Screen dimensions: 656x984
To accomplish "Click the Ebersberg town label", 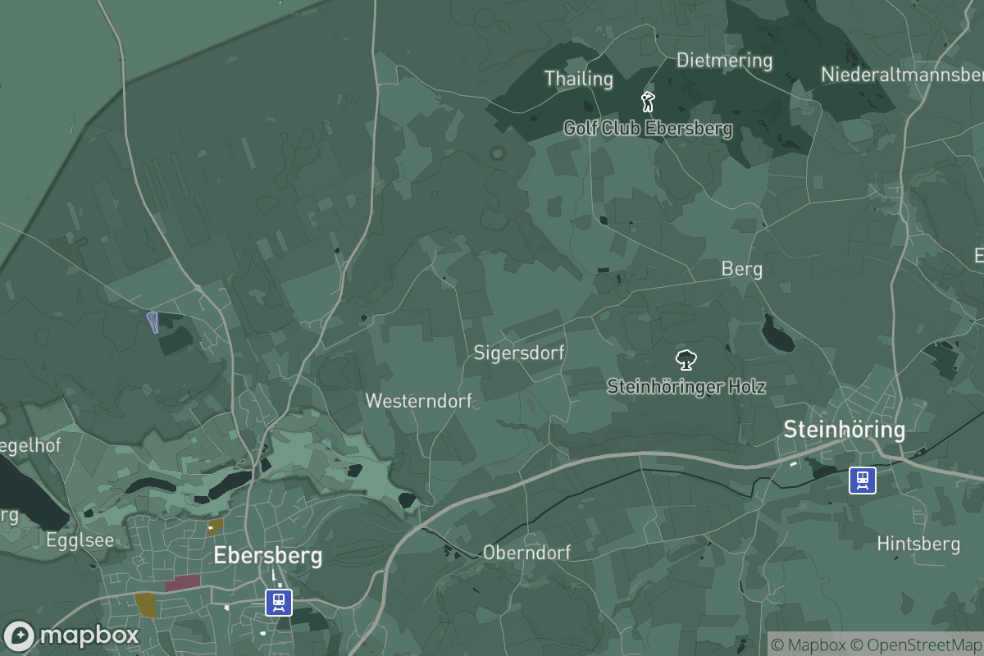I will (267, 555).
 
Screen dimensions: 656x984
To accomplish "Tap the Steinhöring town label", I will (844, 429).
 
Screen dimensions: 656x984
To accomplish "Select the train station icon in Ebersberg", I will (279, 603).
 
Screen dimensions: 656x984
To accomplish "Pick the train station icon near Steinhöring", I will (862, 481).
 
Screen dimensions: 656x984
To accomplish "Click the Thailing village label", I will (579, 79).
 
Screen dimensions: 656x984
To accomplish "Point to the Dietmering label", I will (724, 60).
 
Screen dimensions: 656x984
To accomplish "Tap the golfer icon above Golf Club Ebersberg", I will (648, 102).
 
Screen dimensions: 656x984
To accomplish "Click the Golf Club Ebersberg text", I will (648, 128).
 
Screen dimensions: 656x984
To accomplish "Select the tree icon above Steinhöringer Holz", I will (686, 359).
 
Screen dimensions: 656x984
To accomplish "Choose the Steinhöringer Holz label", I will (686, 386).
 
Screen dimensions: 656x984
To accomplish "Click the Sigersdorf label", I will (519, 353).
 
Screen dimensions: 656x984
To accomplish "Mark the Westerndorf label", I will (418, 401).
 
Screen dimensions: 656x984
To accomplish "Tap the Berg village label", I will (741, 269).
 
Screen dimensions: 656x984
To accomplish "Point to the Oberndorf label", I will (526, 552).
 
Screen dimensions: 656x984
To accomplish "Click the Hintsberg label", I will (918, 544).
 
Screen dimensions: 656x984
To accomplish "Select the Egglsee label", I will (80, 540).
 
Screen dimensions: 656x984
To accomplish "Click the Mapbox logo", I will (72, 635).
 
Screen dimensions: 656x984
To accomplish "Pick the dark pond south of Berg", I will (777, 332).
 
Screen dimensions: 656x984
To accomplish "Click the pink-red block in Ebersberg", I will (182, 583).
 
